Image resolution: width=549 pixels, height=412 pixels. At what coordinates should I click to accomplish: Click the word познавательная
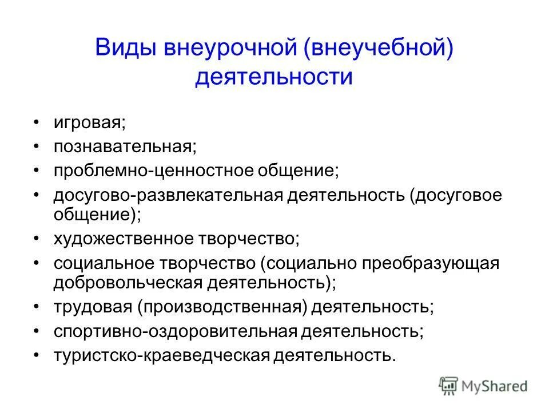[125, 146]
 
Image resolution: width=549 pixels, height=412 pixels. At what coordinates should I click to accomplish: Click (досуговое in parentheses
[456, 196]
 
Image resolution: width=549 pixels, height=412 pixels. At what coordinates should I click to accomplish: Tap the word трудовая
[92, 307]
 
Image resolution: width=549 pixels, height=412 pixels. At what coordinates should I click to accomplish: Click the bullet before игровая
[37, 122]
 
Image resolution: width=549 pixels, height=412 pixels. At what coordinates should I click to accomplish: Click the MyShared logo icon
[448, 385]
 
